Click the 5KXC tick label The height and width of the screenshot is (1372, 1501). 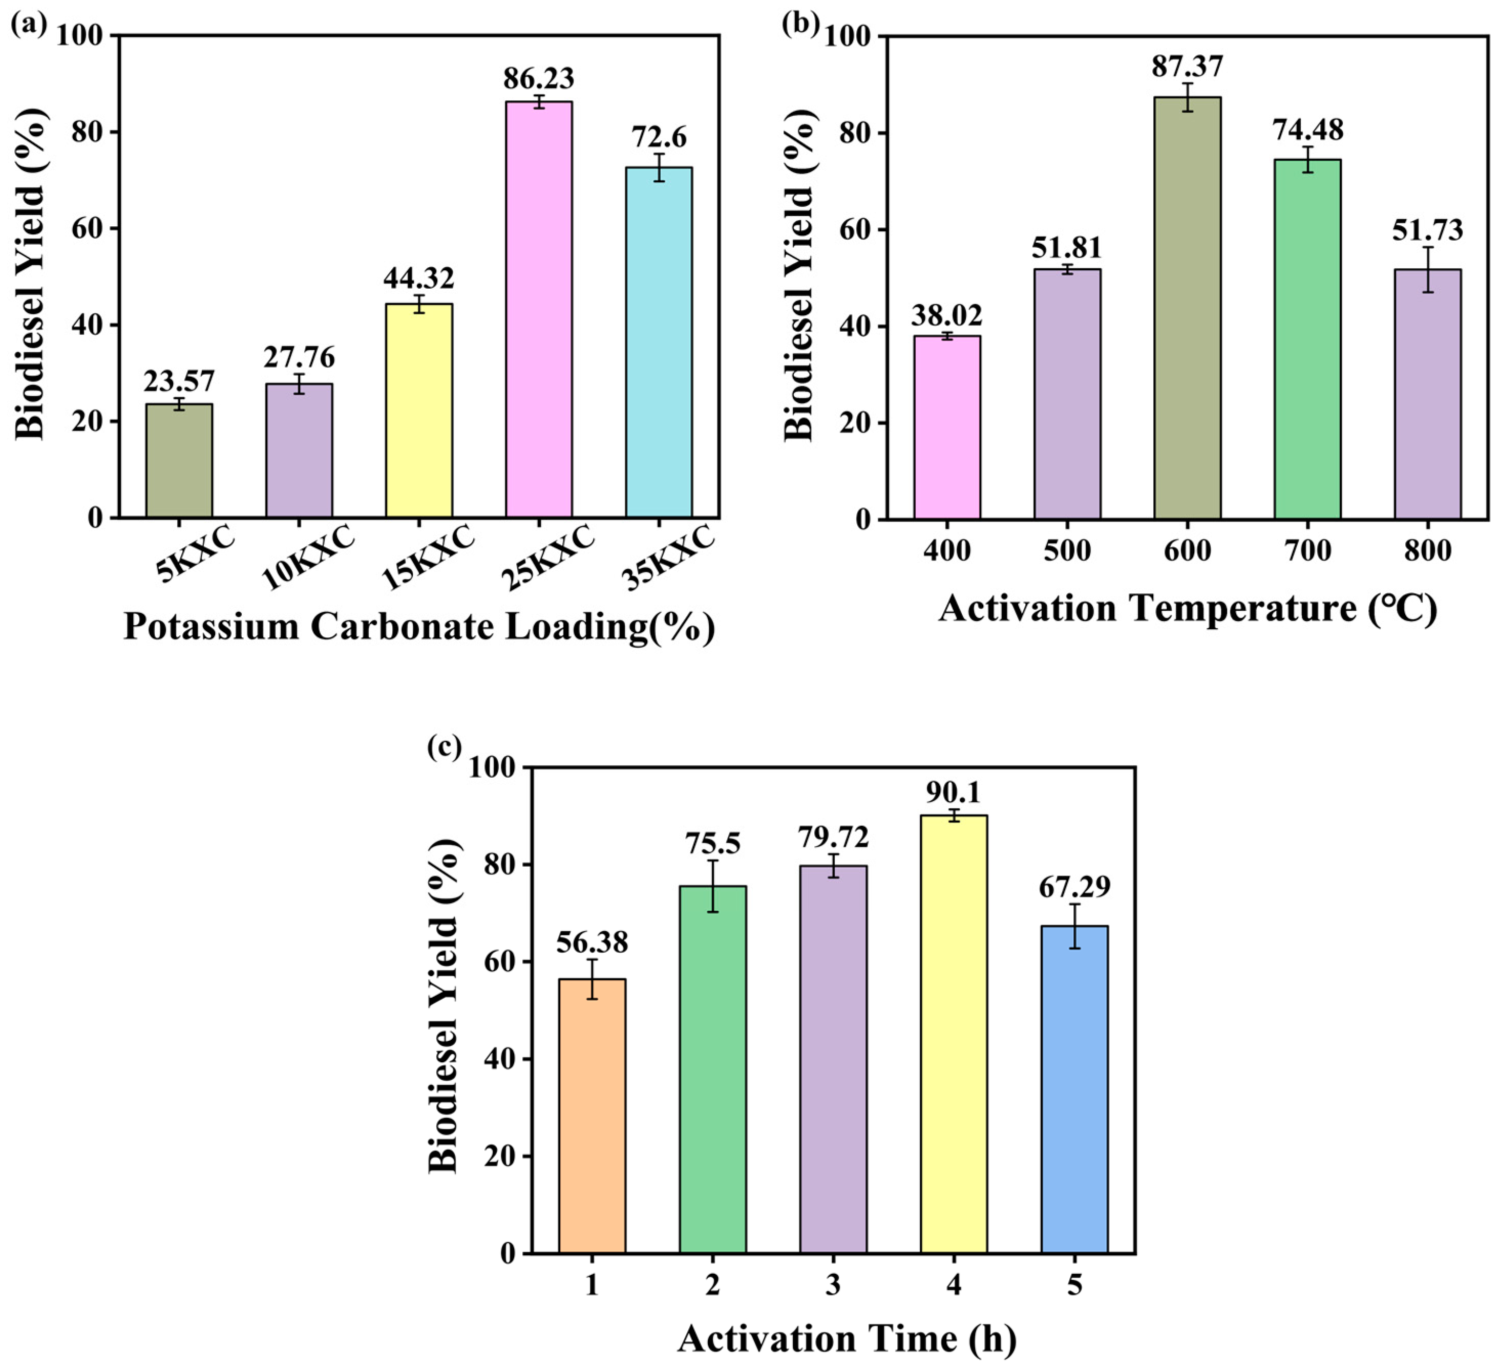point(195,554)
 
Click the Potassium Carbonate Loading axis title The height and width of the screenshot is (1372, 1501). point(418,627)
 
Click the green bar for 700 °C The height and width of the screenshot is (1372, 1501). point(1307,339)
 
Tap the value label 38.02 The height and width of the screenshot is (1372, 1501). point(946,315)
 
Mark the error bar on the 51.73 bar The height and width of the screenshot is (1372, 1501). point(1427,269)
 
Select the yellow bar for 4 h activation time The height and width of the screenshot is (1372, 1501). point(953,1035)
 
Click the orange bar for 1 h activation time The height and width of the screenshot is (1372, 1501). point(592,1117)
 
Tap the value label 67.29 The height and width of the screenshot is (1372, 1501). point(1074,887)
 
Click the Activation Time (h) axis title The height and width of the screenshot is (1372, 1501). point(847,1339)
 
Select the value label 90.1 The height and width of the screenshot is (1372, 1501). point(953,793)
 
